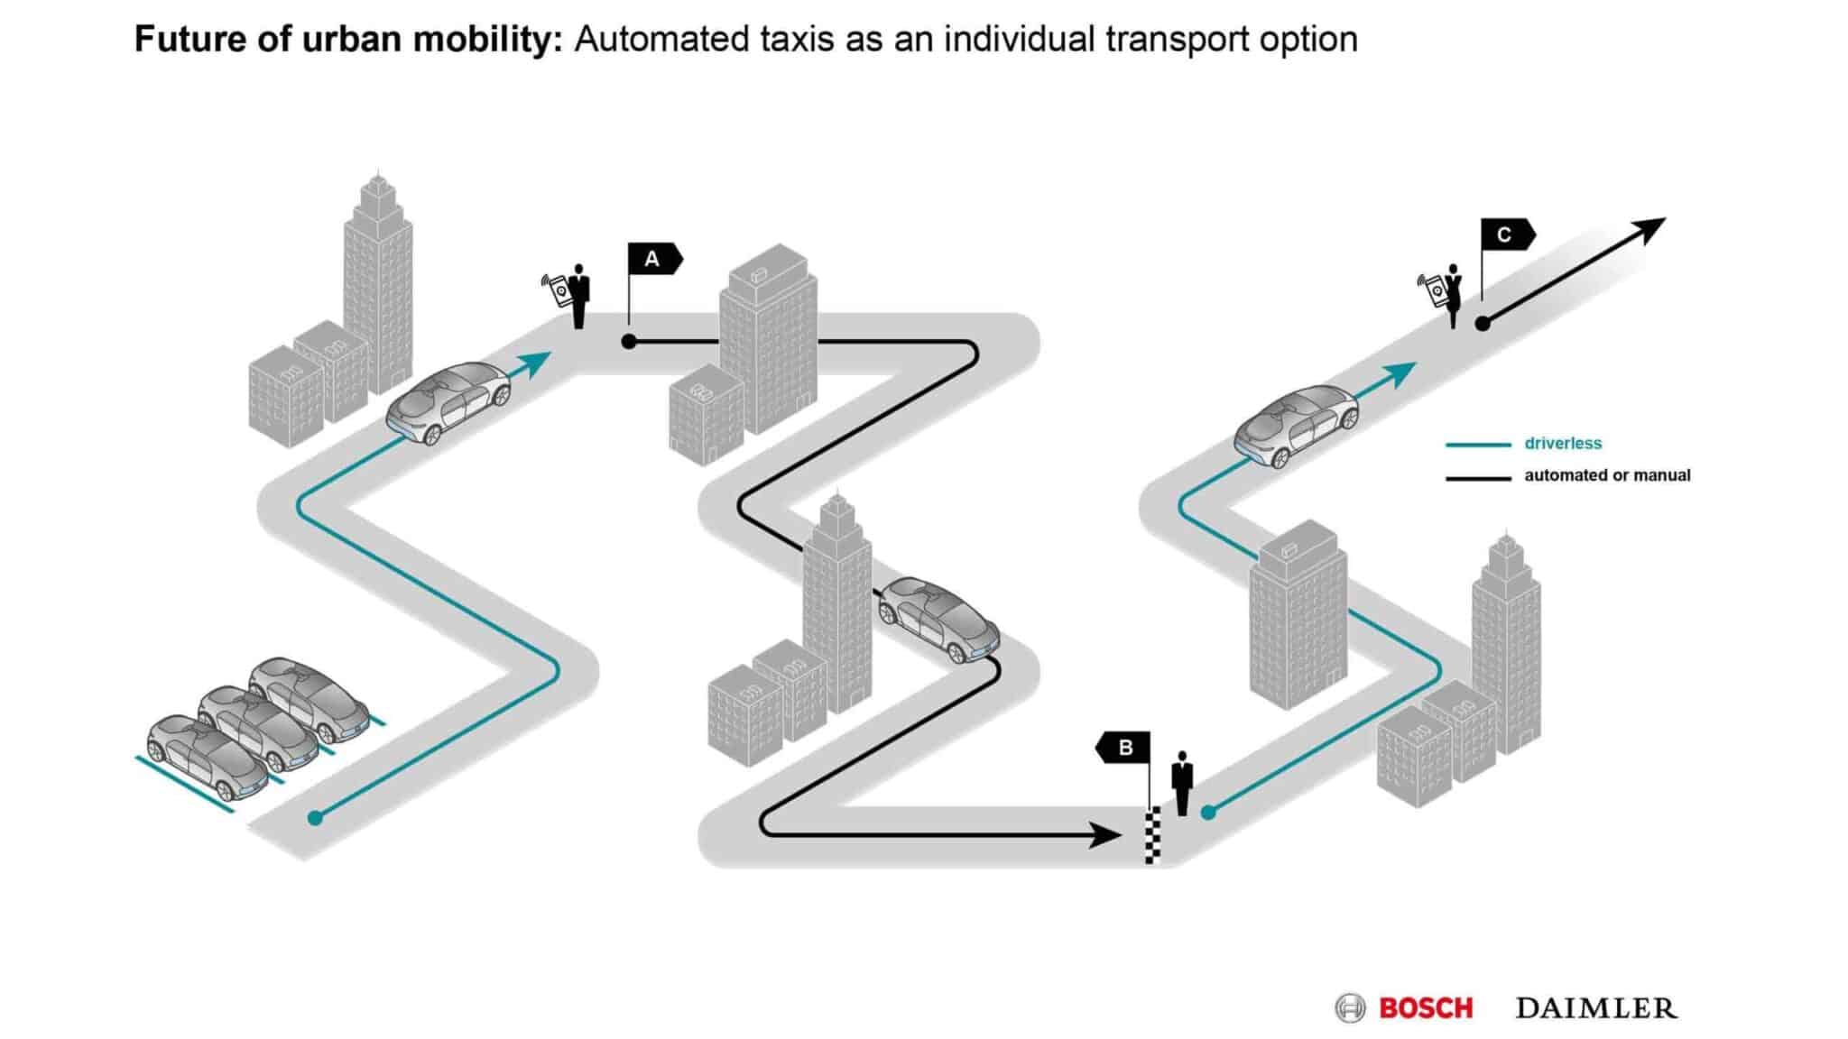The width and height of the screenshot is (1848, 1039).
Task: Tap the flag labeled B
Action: [x=1124, y=748]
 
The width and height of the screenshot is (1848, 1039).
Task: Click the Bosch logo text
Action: [x=1426, y=1007]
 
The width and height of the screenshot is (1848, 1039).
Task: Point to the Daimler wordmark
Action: [x=1596, y=1007]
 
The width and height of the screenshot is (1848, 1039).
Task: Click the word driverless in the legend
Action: [x=1563, y=444]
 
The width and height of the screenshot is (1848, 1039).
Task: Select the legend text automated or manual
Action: [x=1607, y=475]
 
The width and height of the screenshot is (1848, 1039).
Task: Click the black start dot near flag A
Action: [x=629, y=342]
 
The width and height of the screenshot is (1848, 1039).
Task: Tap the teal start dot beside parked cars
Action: [x=315, y=818]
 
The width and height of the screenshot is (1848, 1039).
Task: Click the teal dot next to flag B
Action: [x=1208, y=813]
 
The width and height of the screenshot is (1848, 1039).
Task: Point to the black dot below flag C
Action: [x=1483, y=323]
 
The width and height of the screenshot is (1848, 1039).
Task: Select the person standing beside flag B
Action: [x=1181, y=783]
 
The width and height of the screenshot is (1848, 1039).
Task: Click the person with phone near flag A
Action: [x=578, y=296]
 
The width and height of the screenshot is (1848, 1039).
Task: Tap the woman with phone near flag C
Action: [x=1452, y=296]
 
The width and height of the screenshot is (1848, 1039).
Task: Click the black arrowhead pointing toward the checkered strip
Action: [x=1105, y=835]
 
